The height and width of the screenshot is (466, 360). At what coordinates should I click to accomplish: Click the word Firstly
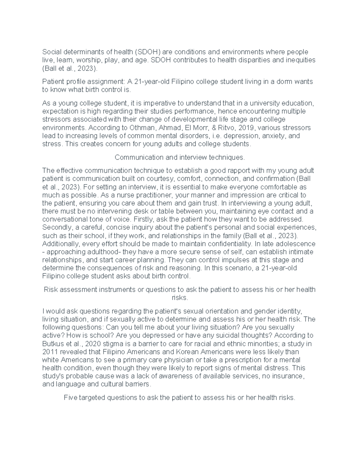(143, 219)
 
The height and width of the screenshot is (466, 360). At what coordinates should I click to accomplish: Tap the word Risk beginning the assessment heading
(50, 290)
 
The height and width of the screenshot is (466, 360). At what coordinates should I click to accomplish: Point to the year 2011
(49, 352)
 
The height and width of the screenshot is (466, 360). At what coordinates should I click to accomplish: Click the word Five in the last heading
(70, 398)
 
